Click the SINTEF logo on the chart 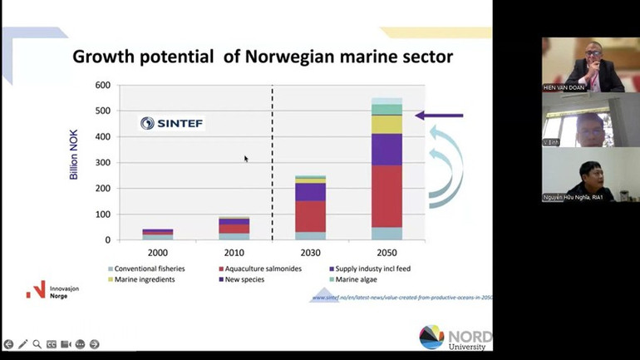171,123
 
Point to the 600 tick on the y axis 102,86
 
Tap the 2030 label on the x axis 309,252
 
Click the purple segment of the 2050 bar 386,150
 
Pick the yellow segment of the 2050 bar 386,124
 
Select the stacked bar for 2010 233,229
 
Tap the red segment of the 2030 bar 310,216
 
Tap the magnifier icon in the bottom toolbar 37,344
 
